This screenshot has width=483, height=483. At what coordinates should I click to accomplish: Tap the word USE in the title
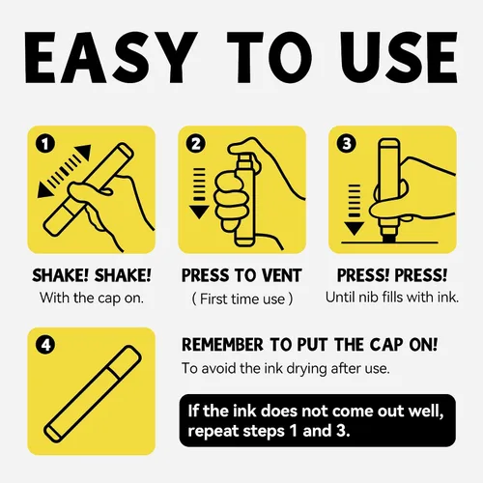[400, 57]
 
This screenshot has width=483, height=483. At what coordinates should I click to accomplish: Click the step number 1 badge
[45, 144]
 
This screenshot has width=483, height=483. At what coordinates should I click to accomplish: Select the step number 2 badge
[196, 144]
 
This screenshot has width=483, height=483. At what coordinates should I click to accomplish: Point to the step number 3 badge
[347, 144]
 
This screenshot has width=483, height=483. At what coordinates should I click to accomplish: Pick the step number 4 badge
[45, 345]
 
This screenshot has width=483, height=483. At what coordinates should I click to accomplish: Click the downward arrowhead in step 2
[199, 213]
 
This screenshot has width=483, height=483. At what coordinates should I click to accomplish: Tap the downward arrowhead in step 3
[355, 228]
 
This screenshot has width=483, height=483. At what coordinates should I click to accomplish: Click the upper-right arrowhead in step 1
[84, 153]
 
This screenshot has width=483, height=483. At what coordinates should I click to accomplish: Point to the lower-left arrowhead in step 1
[44, 190]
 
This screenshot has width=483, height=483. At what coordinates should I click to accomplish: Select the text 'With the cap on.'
[92, 298]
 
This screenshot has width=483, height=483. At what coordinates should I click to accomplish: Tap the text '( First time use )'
[242, 299]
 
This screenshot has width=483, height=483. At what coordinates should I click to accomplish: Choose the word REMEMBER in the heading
[222, 345]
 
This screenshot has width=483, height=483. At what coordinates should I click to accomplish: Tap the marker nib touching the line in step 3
[390, 238]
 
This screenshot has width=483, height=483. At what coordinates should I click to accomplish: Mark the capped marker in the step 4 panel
[93, 393]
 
